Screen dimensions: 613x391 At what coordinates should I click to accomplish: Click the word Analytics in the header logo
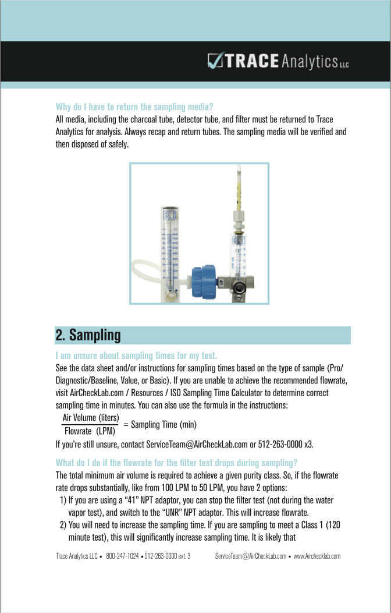point(309,61)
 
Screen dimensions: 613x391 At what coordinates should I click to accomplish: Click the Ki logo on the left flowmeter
point(169,216)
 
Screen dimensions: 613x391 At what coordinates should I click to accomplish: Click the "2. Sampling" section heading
point(88,335)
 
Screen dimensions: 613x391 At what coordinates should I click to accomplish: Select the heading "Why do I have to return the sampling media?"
point(134,107)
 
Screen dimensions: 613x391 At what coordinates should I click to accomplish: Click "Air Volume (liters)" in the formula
point(91,418)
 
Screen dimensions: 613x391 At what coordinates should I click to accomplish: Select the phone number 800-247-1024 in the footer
point(123,556)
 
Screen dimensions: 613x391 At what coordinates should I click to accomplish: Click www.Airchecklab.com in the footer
point(317,556)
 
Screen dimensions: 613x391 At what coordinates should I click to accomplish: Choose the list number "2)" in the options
point(63,524)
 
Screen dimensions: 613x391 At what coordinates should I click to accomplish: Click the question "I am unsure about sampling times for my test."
point(136,355)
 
